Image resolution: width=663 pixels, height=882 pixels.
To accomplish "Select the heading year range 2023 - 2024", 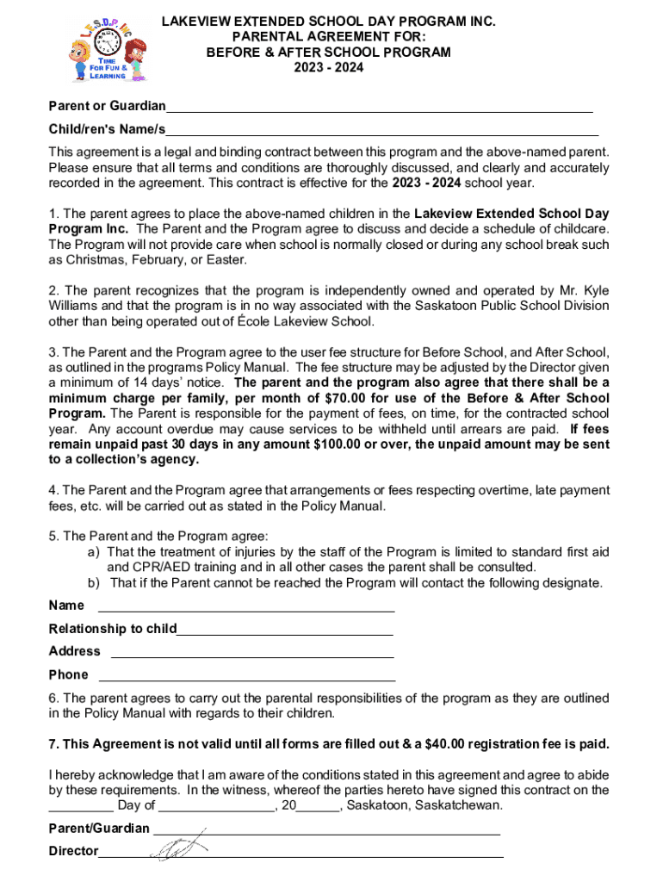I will click(x=328, y=67).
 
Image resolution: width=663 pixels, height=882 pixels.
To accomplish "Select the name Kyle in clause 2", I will click(x=594, y=290).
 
